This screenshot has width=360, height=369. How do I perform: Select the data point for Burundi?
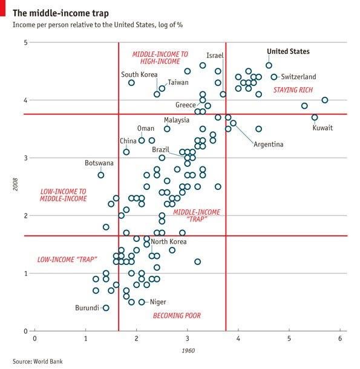tap(106, 308)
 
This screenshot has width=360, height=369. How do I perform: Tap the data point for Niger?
tap(142, 302)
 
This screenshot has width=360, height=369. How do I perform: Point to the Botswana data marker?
tap(101, 175)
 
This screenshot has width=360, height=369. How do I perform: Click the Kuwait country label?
tap(322, 128)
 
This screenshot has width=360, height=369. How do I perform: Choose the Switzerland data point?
tap(274, 77)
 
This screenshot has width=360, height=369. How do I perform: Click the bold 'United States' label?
tap(289, 52)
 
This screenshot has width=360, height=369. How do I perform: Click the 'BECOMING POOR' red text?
tap(177, 316)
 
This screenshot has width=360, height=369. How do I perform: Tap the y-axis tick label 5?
tap(25, 42)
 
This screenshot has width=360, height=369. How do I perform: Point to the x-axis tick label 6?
tap(340, 339)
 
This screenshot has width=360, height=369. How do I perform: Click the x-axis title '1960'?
tap(188, 351)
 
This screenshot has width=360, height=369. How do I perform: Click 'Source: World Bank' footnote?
tap(38, 362)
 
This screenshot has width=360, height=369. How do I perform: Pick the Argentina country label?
tap(269, 145)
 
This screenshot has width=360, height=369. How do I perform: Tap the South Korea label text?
tap(139, 75)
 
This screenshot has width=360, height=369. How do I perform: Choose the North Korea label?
tap(169, 242)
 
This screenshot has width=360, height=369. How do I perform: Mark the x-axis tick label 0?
tap(35, 339)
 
